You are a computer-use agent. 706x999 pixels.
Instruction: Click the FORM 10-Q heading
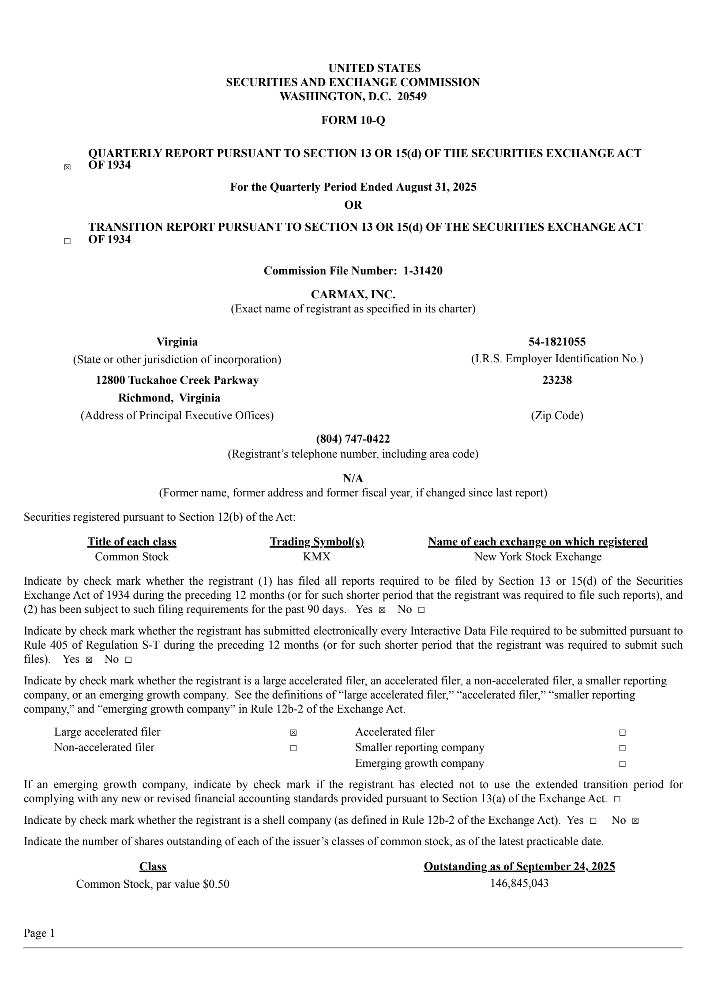[x=353, y=120]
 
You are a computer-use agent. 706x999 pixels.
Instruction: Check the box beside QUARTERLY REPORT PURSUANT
[x=67, y=168]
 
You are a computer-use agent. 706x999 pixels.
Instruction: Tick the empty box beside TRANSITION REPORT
[x=67, y=241]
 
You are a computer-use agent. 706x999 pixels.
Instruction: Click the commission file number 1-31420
[x=423, y=271]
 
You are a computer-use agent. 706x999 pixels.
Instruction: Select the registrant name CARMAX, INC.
[x=353, y=294]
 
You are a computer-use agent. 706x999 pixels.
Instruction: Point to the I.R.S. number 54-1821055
[x=557, y=342]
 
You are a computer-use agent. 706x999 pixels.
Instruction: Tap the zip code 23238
[x=557, y=380]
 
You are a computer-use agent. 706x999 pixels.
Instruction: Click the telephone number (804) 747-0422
[x=353, y=439]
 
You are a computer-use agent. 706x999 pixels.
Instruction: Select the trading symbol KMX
[x=316, y=557]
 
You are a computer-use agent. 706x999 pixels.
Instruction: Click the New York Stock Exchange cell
[x=537, y=557]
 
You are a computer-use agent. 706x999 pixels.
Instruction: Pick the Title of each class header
[x=132, y=542]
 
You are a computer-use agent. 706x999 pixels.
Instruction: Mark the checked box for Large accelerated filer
[x=293, y=733]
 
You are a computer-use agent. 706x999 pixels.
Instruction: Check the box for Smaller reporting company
[x=622, y=748]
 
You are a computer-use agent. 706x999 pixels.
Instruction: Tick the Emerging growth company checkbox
[x=622, y=764]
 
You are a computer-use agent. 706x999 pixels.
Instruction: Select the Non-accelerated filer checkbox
[x=293, y=748]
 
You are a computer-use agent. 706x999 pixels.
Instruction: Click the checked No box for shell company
[x=635, y=821]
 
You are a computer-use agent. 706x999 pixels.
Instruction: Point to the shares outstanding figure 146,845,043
[x=519, y=883]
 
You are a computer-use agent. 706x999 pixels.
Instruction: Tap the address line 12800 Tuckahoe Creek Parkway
[x=177, y=380]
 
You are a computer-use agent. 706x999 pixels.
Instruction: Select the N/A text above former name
[x=353, y=478]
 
